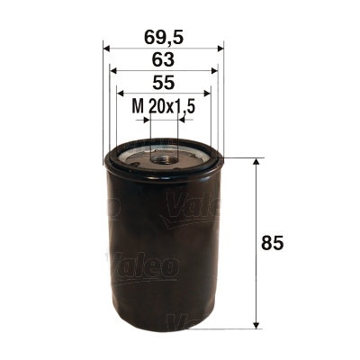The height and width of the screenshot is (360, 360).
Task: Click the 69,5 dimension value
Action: click(x=164, y=38)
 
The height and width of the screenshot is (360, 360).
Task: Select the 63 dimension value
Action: click(x=164, y=61)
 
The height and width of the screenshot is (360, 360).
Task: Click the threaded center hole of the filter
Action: click(x=164, y=160)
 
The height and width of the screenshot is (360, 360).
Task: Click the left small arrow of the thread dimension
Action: click(x=146, y=118)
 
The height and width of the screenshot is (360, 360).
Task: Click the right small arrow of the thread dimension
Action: click(x=183, y=118)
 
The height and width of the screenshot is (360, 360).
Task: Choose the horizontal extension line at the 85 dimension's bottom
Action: click(x=243, y=327)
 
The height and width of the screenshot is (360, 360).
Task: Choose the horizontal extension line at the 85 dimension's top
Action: click(x=243, y=159)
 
